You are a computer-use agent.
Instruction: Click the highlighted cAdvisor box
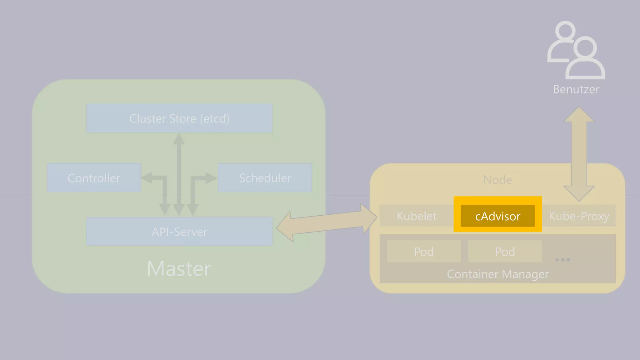497,216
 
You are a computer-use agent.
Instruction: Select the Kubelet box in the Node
416,216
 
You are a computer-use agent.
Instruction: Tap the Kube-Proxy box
579,216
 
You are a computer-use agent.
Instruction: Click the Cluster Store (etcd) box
179,118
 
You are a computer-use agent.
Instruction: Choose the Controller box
94,178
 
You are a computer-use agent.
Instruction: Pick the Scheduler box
265,178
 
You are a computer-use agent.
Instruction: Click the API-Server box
179,232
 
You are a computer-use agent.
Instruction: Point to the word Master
179,268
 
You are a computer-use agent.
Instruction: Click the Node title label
497,180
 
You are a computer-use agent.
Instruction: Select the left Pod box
424,252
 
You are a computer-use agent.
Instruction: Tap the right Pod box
505,252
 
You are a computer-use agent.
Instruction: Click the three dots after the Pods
562,260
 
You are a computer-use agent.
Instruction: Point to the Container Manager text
497,274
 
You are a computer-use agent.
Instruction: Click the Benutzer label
576,89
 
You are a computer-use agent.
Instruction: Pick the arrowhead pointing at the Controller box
146,178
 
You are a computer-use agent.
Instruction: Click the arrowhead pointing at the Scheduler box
211,178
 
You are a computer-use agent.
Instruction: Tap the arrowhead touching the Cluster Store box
179,138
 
